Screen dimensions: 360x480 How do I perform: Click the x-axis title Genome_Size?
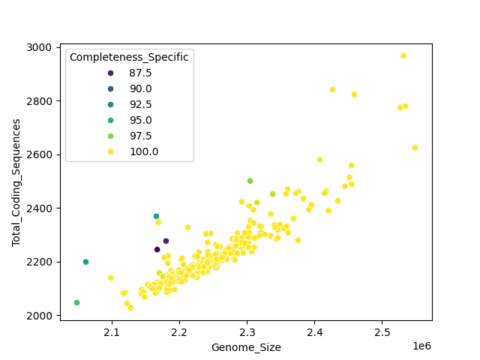click(246, 347)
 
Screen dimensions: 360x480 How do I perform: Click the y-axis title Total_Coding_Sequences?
click(16, 182)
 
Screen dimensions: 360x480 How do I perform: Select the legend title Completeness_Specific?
click(129, 57)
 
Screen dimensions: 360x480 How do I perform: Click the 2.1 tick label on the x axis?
click(112, 331)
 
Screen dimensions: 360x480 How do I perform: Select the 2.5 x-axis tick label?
click(382, 331)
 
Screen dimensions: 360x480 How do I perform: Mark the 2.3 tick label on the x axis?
click(247, 331)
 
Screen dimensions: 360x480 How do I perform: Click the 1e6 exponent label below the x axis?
click(421, 346)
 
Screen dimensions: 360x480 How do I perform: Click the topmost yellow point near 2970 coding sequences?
click(403, 55)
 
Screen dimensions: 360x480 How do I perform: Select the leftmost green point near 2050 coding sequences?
click(76, 303)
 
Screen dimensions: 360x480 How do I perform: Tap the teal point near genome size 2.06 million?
click(85, 262)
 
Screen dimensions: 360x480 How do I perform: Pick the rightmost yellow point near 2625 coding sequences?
click(415, 148)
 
